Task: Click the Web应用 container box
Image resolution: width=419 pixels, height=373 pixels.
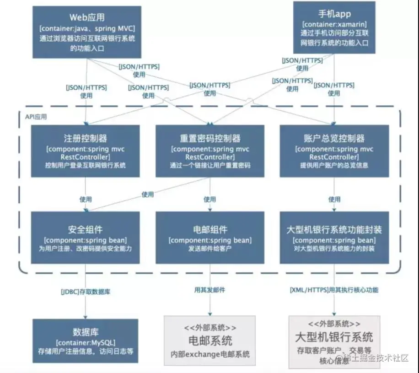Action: click(87, 32)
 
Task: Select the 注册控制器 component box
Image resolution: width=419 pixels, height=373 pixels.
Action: click(86, 151)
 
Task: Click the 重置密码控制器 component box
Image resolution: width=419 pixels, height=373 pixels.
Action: click(210, 151)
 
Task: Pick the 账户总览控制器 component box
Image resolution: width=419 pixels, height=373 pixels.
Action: click(334, 151)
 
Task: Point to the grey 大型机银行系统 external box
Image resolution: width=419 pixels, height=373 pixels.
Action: click(334, 341)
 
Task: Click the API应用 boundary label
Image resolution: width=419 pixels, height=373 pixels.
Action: click(36, 117)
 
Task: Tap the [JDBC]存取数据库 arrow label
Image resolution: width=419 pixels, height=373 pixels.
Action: click(86, 291)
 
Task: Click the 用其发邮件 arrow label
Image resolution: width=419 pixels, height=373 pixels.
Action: click(210, 290)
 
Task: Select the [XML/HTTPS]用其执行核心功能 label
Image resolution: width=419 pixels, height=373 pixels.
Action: click(334, 290)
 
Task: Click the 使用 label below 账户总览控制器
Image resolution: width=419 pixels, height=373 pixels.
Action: click(334, 200)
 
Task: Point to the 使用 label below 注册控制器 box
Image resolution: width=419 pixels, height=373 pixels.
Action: click(86, 200)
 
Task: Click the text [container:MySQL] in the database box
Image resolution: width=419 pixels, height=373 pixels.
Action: click(86, 342)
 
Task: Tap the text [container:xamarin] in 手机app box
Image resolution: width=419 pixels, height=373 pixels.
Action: click(334, 24)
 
